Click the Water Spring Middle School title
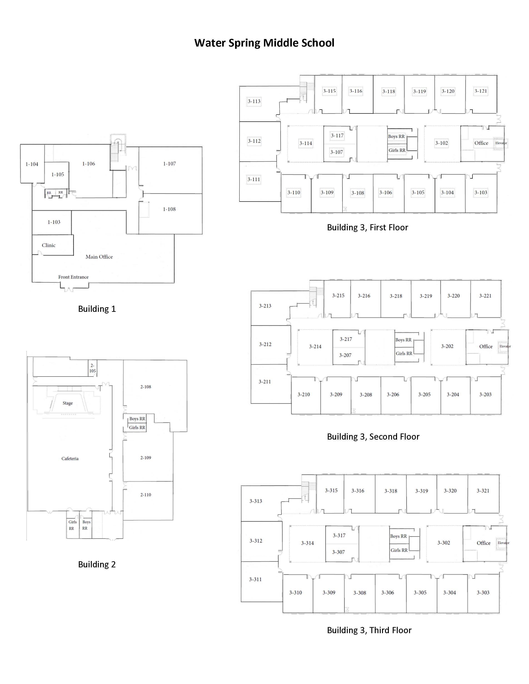[x=264, y=43]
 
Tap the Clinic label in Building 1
[x=49, y=245]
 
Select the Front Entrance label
[x=73, y=277]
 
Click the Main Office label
[x=99, y=257]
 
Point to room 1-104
[x=32, y=164]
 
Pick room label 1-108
[x=169, y=209]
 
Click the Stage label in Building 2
[x=68, y=403]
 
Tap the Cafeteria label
[x=70, y=458]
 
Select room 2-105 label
[x=92, y=368]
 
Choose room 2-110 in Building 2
[x=146, y=495]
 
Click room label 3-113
[x=254, y=101]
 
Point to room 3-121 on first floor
[x=481, y=91]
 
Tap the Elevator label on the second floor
[x=505, y=346]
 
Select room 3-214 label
[x=315, y=346]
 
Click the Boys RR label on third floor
[x=398, y=536]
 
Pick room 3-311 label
[x=255, y=579]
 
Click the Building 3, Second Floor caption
[x=373, y=437]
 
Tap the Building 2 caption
[x=97, y=564]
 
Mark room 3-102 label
[x=442, y=143]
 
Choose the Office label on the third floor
[x=484, y=543]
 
